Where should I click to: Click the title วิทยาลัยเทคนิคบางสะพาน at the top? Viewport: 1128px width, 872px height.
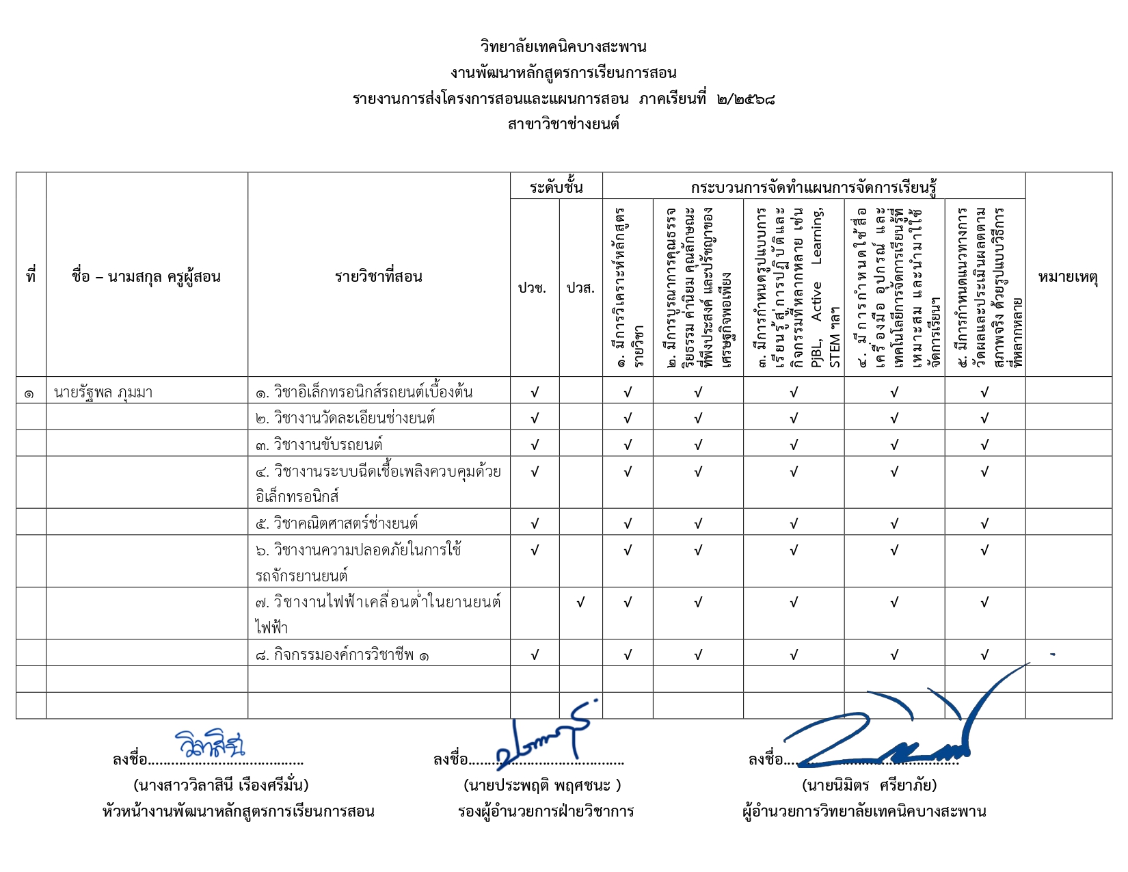tap(563, 47)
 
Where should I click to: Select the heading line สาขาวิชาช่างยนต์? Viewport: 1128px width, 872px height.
tap(563, 124)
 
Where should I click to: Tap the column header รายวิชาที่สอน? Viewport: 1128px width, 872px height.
tap(378, 277)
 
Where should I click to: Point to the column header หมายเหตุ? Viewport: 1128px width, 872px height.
tap(1068, 277)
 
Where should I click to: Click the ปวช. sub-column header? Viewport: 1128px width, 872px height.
tap(533, 288)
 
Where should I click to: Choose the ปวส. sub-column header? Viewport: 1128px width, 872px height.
tap(580, 288)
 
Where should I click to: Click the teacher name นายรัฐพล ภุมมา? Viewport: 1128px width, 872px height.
tap(103, 393)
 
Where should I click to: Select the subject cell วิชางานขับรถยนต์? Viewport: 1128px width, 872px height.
tap(327, 445)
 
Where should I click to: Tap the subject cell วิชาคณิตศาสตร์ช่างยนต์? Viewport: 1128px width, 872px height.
tap(345, 523)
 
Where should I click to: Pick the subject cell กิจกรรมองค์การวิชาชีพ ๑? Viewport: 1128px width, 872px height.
tap(343, 655)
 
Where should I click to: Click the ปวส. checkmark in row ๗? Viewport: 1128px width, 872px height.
tap(580, 603)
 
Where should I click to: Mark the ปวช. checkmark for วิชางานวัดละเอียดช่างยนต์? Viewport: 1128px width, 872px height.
tap(535, 418)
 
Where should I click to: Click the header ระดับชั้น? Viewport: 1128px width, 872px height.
tap(556, 187)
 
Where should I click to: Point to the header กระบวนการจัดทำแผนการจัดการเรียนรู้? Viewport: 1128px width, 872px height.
tap(814, 187)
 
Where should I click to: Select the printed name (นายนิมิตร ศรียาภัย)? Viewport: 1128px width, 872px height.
tap(869, 785)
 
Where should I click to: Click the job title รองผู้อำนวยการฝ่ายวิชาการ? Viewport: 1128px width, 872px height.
tap(546, 812)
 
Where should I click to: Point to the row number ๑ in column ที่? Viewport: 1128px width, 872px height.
tap(29, 393)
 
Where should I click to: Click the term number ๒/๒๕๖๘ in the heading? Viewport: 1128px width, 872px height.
tap(746, 99)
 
